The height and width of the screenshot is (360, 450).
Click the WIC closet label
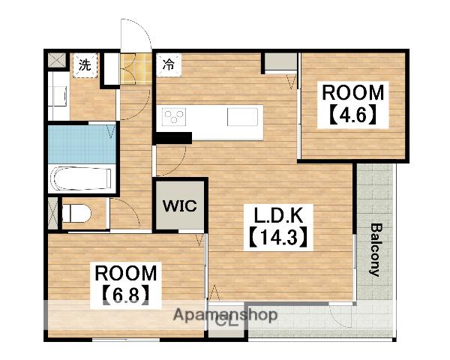tap(180, 205)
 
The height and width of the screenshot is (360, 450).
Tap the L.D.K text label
tap(278, 215)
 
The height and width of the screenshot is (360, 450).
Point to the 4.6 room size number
tap(352, 115)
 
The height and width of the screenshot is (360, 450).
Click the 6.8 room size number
tap(126, 295)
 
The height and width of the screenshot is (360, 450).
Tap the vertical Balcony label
tap(376, 250)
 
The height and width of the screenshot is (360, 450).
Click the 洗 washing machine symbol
tap(85, 65)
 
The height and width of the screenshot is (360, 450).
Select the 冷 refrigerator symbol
tap(169, 65)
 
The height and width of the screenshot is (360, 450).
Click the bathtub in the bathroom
tap(82, 178)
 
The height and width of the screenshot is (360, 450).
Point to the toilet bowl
tap(76, 214)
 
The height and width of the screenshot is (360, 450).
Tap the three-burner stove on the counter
tap(174, 117)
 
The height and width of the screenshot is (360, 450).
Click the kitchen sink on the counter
tap(242, 117)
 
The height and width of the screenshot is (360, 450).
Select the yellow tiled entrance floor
tap(136, 69)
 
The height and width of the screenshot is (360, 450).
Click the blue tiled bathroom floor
tap(82, 145)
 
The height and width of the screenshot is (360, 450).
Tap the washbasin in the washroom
tap(58, 96)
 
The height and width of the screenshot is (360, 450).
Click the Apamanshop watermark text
tap(225, 315)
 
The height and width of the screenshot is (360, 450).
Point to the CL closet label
tap(226, 322)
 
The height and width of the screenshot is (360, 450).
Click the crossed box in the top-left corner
tap(57, 60)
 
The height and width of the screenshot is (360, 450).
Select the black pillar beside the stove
tap(174, 138)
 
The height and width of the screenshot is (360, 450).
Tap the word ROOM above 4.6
tap(352, 93)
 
